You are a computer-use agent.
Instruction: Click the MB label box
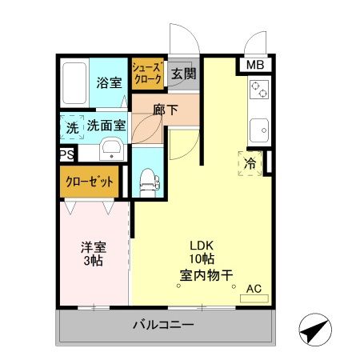(255, 66)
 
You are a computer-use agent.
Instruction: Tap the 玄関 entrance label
(182, 75)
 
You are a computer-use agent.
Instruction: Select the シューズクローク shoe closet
(148, 74)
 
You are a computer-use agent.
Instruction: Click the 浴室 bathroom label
(108, 82)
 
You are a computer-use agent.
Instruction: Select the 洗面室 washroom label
(106, 126)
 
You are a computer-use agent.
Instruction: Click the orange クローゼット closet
(89, 182)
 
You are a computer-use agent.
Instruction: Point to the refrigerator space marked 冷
(249, 162)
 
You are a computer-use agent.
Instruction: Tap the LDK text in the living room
(202, 246)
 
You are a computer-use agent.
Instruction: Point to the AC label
(254, 289)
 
